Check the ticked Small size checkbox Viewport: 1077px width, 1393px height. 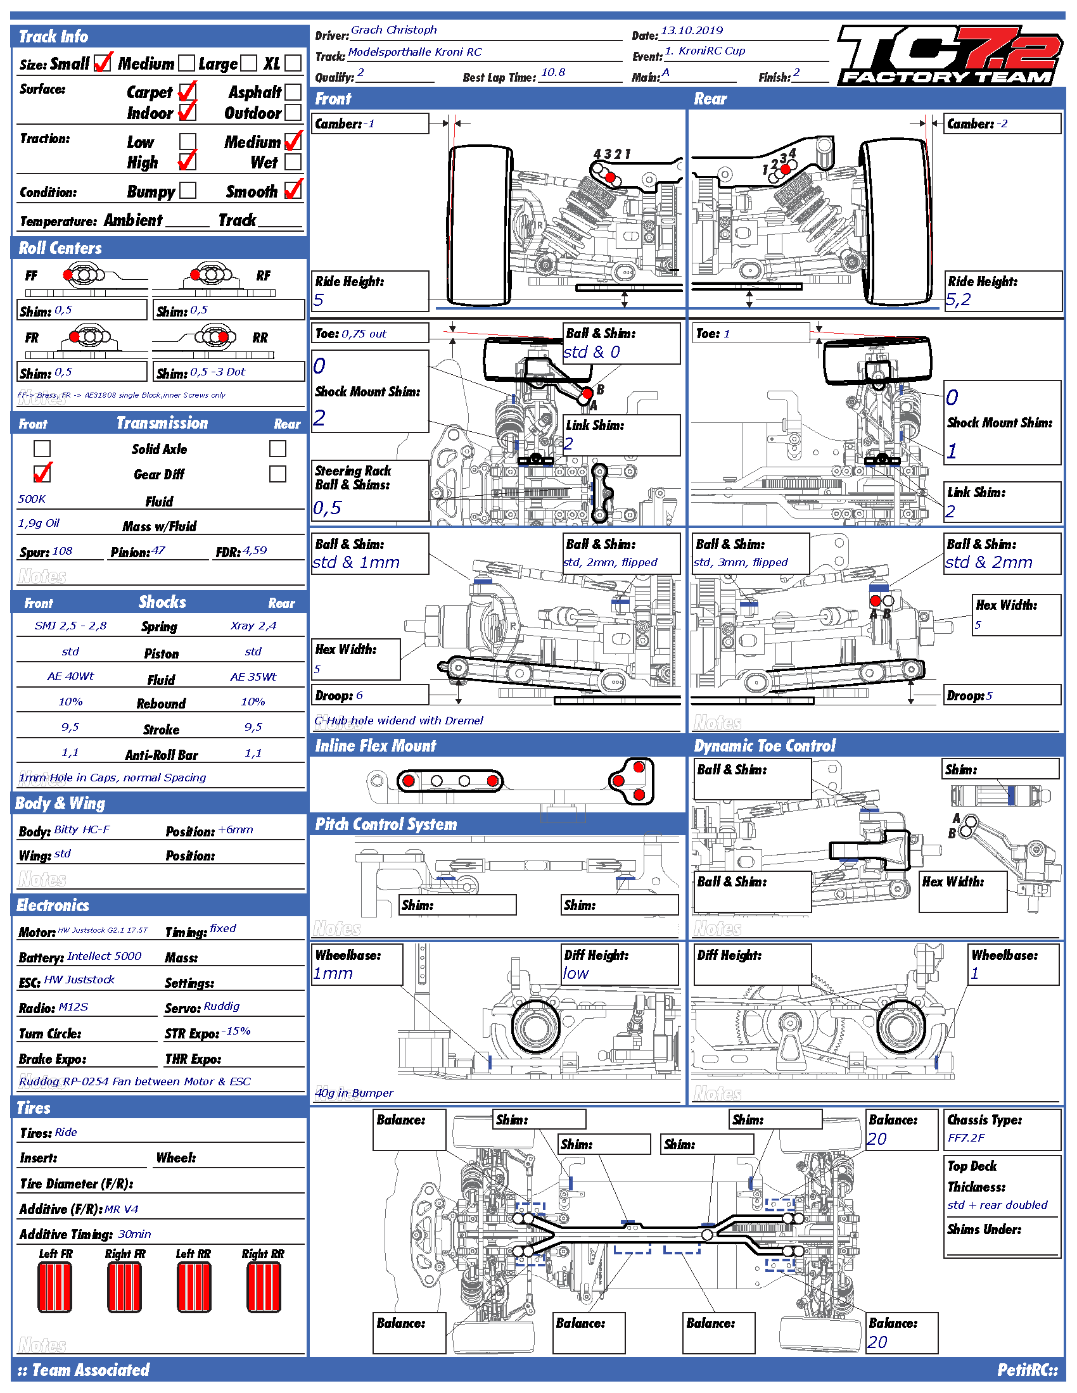click(x=102, y=63)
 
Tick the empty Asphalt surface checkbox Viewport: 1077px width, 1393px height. click(x=293, y=92)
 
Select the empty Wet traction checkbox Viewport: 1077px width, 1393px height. click(x=293, y=161)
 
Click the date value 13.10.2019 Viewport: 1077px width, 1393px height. click(x=692, y=30)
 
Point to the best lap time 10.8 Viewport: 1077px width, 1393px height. click(x=552, y=73)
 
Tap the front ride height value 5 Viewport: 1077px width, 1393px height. click(x=319, y=299)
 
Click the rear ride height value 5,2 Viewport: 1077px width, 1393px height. click(x=959, y=299)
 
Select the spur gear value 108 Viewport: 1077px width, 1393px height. click(x=63, y=550)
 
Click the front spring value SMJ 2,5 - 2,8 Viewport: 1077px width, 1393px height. click(x=70, y=626)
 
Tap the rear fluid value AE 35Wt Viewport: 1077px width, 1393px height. click(x=253, y=677)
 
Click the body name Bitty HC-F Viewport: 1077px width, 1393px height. click(x=82, y=829)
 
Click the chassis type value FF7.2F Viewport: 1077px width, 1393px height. click(x=966, y=1138)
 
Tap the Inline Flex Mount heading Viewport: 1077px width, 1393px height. click(x=375, y=746)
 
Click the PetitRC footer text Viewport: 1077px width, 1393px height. click(x=1027, y=1370)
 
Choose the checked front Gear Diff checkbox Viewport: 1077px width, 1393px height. click(x=42, y=473)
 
